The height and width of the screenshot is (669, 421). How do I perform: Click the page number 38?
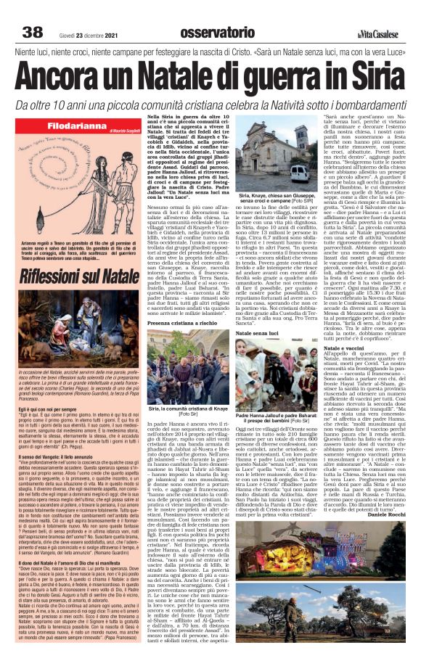pyautogui.click(x=32, y=33)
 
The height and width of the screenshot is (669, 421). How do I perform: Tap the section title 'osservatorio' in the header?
pyautogui.click(x=205, y=33)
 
